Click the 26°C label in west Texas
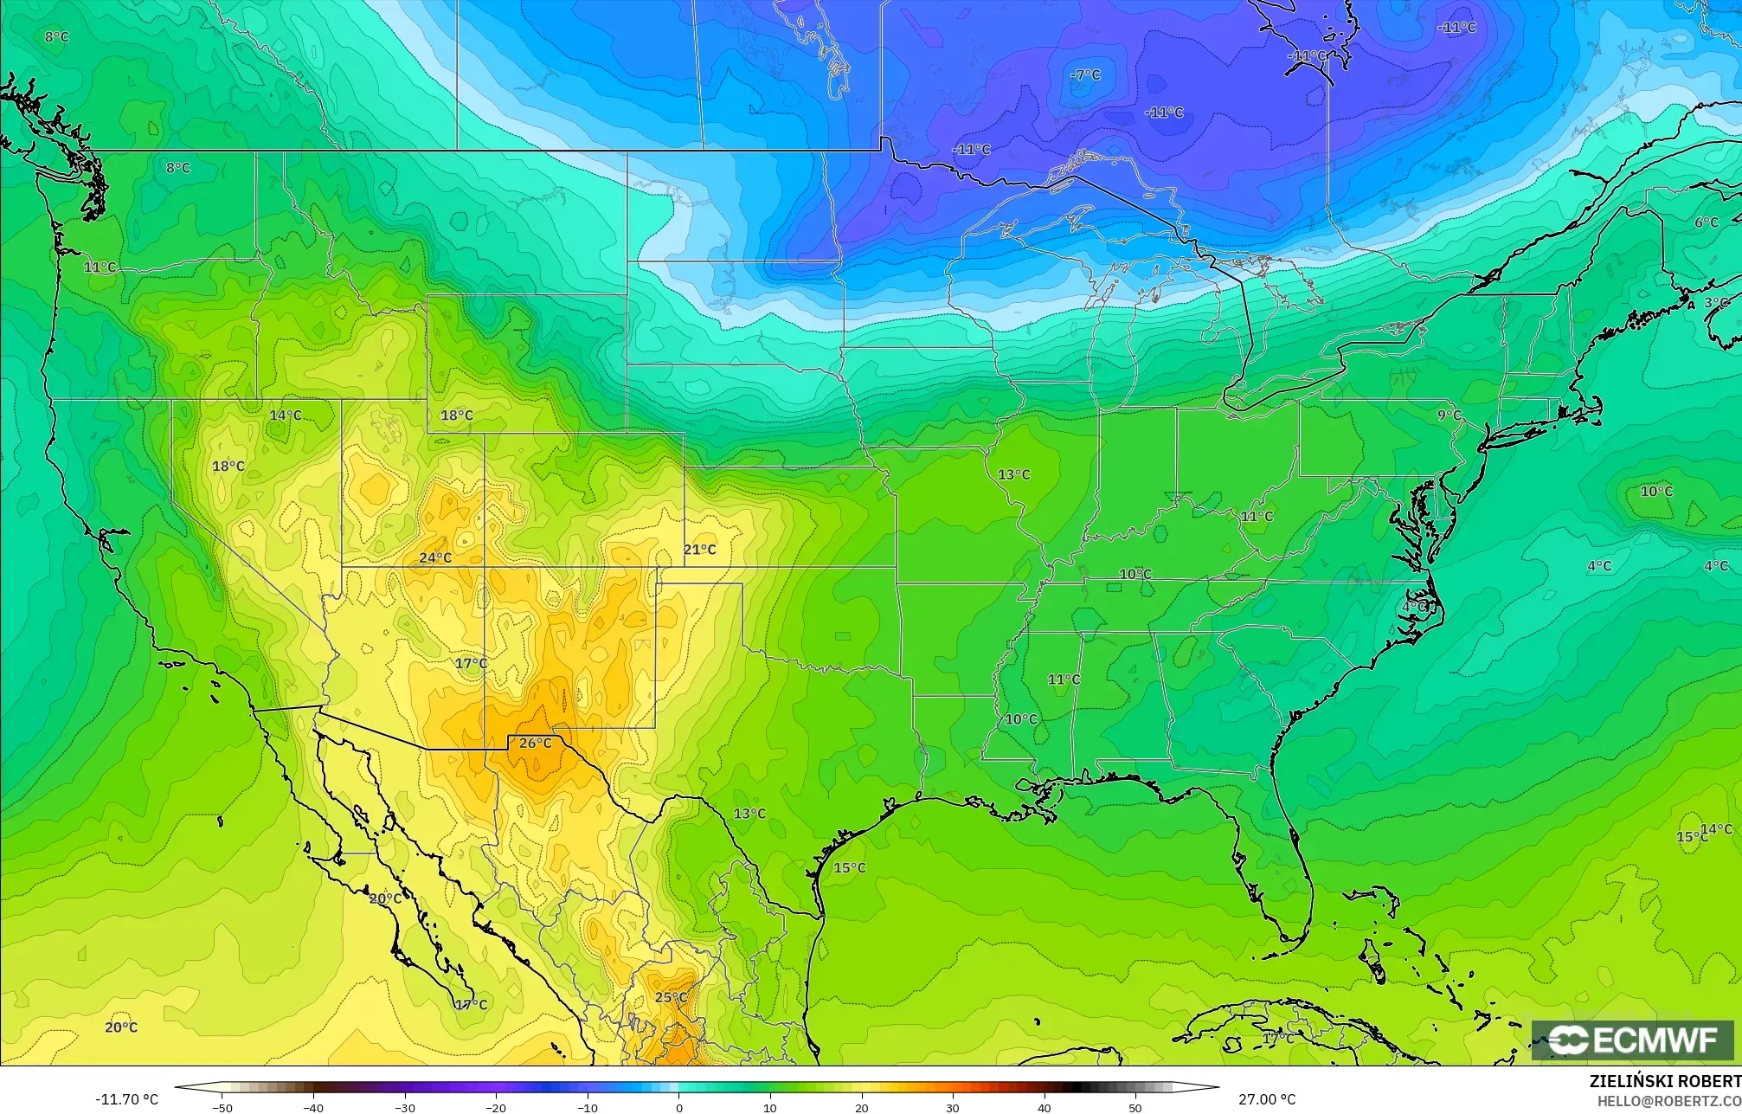click(535, 743)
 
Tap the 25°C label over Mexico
click(671, 997)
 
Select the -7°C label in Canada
click(1085, 75)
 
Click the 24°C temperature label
click(435, 557)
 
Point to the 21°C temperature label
click(699, 550)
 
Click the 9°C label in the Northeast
click(1449, 415)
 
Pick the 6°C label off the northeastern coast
click(1706, 222)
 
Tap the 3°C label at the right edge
click(1716, 303)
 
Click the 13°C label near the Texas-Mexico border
click(749, 814)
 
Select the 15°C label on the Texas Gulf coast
click(849, 868)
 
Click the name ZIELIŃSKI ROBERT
click(1665, 1082)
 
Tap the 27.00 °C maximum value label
click(1267, 1099)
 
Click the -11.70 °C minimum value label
click(126, 1099)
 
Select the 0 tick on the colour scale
click(679, 1107)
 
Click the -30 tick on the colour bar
click(405, 1107)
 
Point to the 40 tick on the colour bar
click(1044, 1107)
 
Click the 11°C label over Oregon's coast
click(100, 267)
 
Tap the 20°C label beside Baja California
click(385, 898)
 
